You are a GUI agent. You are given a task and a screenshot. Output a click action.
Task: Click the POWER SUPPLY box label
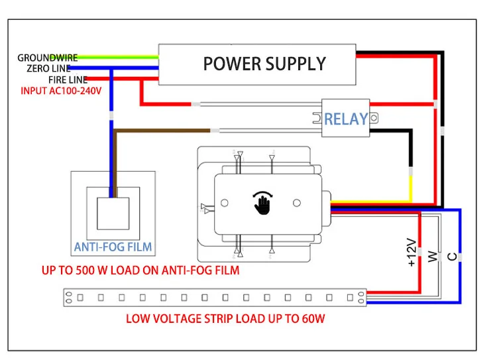[264, 64]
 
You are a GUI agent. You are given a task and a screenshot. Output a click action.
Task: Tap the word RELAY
[345, 119]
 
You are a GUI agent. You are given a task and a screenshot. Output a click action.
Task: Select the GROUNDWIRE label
[47, 58]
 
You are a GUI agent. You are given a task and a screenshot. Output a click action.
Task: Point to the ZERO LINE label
[47, 68]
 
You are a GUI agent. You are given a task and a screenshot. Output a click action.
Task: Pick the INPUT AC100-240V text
[61, 90]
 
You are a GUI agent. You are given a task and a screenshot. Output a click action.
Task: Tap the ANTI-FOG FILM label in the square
[113, 247]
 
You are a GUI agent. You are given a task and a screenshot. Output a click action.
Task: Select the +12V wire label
[411, 253]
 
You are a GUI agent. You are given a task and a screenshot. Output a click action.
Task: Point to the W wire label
[432, 255]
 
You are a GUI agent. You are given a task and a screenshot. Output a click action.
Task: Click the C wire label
[452, 255]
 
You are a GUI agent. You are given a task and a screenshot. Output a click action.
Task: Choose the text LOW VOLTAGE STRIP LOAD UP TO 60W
[225, 319]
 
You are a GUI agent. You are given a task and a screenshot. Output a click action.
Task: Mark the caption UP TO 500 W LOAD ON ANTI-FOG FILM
[140, 270]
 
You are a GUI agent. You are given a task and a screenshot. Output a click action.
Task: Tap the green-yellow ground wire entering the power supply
[113, 58]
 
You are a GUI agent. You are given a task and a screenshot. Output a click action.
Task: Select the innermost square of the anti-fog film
[113, 213]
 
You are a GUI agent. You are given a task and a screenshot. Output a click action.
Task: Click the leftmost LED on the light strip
[80, 297]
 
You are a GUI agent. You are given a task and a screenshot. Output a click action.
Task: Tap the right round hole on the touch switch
[298, 202]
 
